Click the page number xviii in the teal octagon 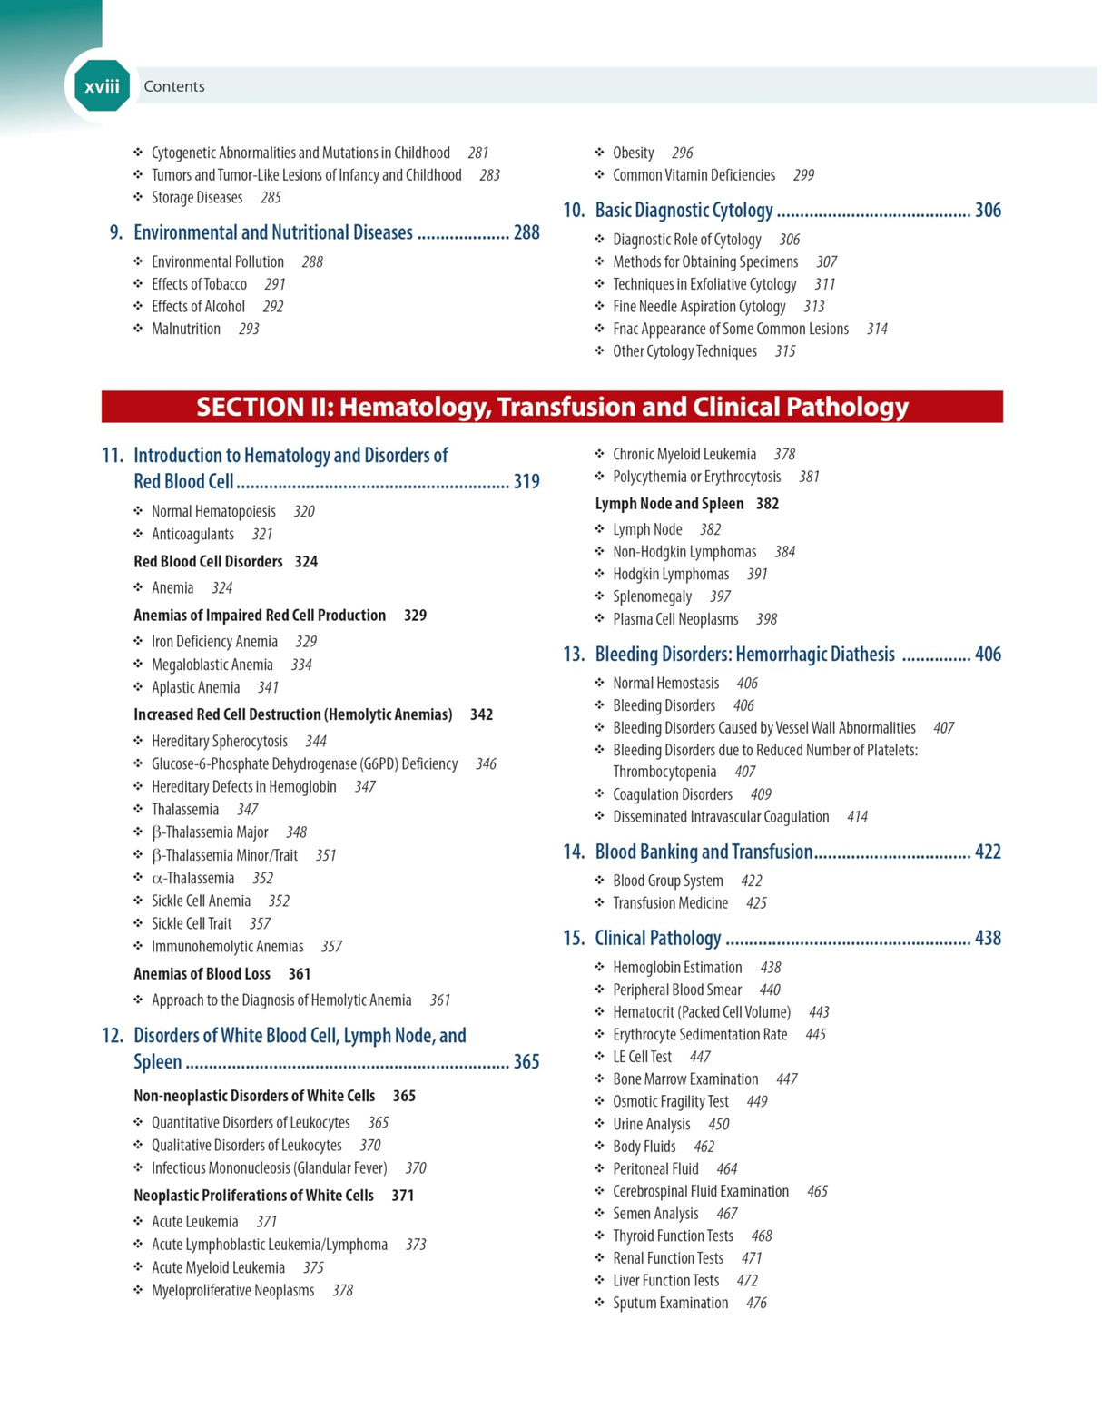pos(102,86)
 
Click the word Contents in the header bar pos(173,86)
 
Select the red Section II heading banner pos(552,407)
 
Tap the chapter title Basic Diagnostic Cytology pos(684,211)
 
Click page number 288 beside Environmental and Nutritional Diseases pos(526,233)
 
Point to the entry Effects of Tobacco pos(199,284)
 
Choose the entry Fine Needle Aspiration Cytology pos(699,307)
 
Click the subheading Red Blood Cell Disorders pos(208,562)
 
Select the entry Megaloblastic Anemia pos(212,665)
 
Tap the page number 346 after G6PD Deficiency pos(486,764)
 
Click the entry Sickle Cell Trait pos(192,924)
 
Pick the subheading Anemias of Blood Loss pos(202,974)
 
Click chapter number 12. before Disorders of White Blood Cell pos(113,1036)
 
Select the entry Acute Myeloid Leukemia pos(218,1268)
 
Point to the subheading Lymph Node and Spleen pos(669,504)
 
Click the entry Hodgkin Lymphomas pos(671,575)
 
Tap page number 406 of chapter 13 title pos(988,655)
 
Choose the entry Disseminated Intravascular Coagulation pos(721,817)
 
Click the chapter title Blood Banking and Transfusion pos(704,852)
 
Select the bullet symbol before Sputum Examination pos(599,1303)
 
